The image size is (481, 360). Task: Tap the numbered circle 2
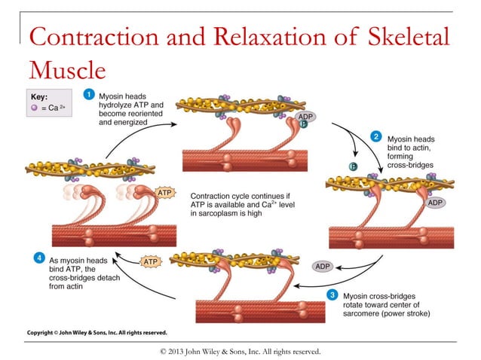(x=375, y=136)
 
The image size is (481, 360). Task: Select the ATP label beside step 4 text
(x=152, y=262)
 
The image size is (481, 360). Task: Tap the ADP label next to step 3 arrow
(x=323, y=266)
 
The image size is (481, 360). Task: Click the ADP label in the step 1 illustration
(x=305, y=117)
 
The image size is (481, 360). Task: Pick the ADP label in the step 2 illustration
(x=435, y=203)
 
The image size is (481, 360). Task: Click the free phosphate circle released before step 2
(x=351, y=166)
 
